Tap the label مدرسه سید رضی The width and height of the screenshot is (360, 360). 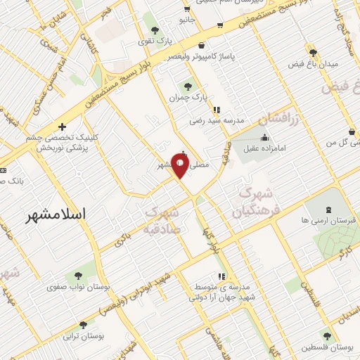click(x=216, y=120)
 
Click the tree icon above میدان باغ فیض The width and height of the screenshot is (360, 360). click(x=313, y=53)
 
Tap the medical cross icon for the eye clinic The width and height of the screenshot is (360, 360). click(x=63, y=127)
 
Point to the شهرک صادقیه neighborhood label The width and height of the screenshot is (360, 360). click(x=163, y=219)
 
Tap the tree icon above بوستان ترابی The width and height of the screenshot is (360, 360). click(x=84, y=325)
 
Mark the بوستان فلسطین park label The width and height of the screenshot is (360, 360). click(x=327, y=347)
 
